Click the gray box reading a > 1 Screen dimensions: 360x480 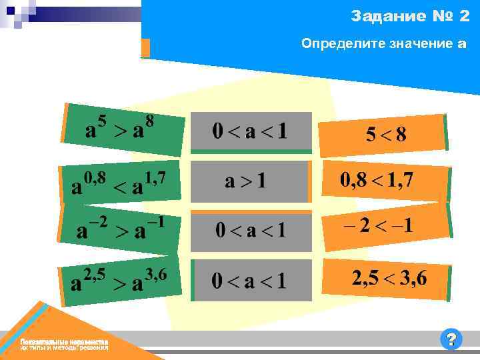pyautogui.click(x=249, y=181)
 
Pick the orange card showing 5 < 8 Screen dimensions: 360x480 pyautogui.click(x=384, y=133)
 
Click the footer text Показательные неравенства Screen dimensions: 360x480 pyautogui.click(x=64, y=341)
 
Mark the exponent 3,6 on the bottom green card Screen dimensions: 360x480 pyautogui.click(x=154, y=275)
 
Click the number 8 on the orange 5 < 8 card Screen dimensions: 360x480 pyautogui.click(x=400, y=134)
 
